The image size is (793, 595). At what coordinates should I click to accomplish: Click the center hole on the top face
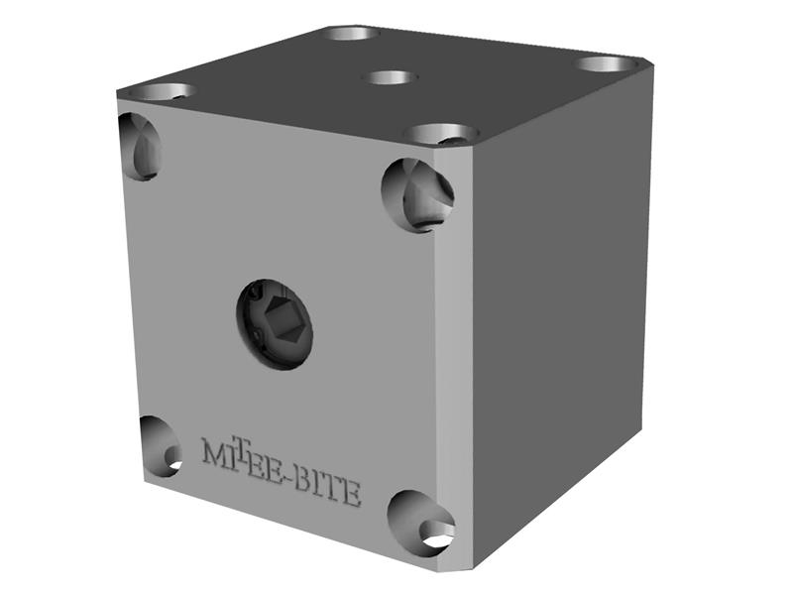[388, 76]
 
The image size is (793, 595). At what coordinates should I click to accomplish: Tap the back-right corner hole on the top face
[606, 64]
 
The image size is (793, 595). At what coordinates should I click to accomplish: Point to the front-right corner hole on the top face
[441, 133]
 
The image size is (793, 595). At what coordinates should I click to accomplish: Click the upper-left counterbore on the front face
[139, 146]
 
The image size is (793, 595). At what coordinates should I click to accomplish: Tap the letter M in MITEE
[214, 451]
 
